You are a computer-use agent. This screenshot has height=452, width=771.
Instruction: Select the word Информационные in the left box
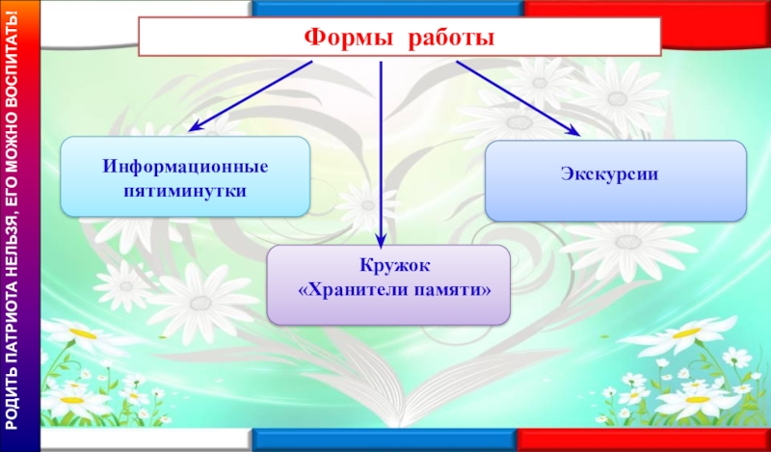point(186,167)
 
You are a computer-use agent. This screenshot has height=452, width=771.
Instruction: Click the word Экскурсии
point(614,176)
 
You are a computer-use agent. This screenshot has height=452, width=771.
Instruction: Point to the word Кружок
point(388,265)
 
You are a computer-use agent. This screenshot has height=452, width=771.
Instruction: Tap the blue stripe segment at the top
point(385,8)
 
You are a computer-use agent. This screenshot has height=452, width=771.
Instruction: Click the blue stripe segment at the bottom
point(385,440)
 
